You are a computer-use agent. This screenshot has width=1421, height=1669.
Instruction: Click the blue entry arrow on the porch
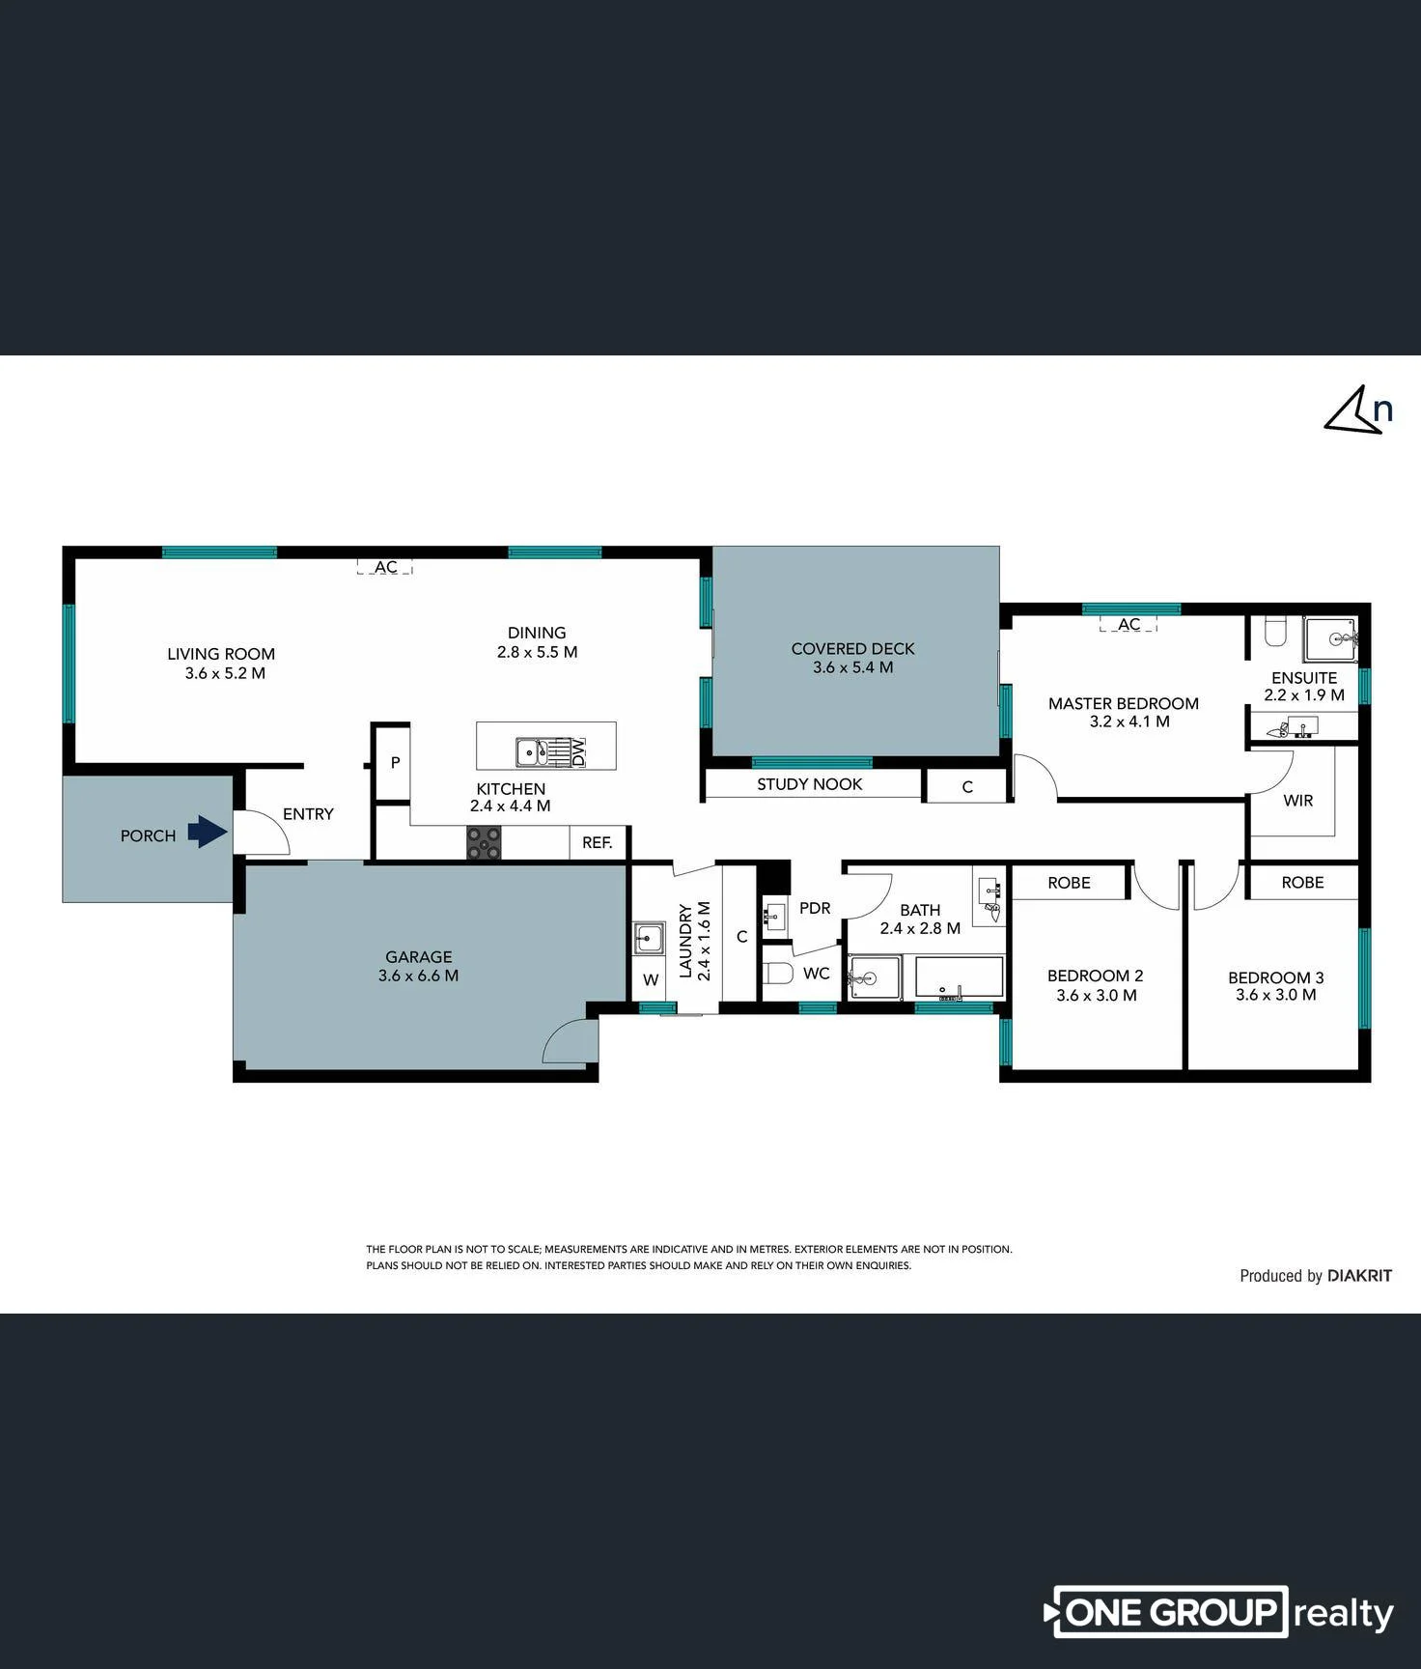pos(207,831)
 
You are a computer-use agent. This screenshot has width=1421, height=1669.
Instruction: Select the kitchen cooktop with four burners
pos(484,842)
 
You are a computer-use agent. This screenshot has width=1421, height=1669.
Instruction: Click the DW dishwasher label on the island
pos(578,751)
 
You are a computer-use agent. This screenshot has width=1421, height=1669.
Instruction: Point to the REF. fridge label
pos(598,842)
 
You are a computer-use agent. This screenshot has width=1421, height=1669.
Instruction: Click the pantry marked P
pos(395,762)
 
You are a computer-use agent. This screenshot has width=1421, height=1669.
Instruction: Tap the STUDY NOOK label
pos(809,784)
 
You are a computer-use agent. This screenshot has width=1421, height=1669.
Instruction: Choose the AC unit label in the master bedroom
pos(1128,624)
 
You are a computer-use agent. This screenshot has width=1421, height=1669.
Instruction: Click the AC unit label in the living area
pos(385,567)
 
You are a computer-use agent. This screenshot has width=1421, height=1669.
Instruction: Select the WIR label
pos(1297,800)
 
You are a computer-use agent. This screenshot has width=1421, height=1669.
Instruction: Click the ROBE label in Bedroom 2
pos(1069,883)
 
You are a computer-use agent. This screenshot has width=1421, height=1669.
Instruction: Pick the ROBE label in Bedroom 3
pos(1302,882)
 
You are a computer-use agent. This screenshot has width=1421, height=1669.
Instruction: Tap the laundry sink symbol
pos(649,937)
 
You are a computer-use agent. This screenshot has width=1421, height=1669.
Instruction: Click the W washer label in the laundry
pos(651,979)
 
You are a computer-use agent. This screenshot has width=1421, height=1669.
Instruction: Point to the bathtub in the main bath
pos(959,977)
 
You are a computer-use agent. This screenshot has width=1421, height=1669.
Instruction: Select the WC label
pos(817,974)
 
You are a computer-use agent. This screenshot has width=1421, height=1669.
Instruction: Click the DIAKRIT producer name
pos(1359,1275)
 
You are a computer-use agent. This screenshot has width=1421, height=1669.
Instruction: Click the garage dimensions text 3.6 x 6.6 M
pos(418,976)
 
